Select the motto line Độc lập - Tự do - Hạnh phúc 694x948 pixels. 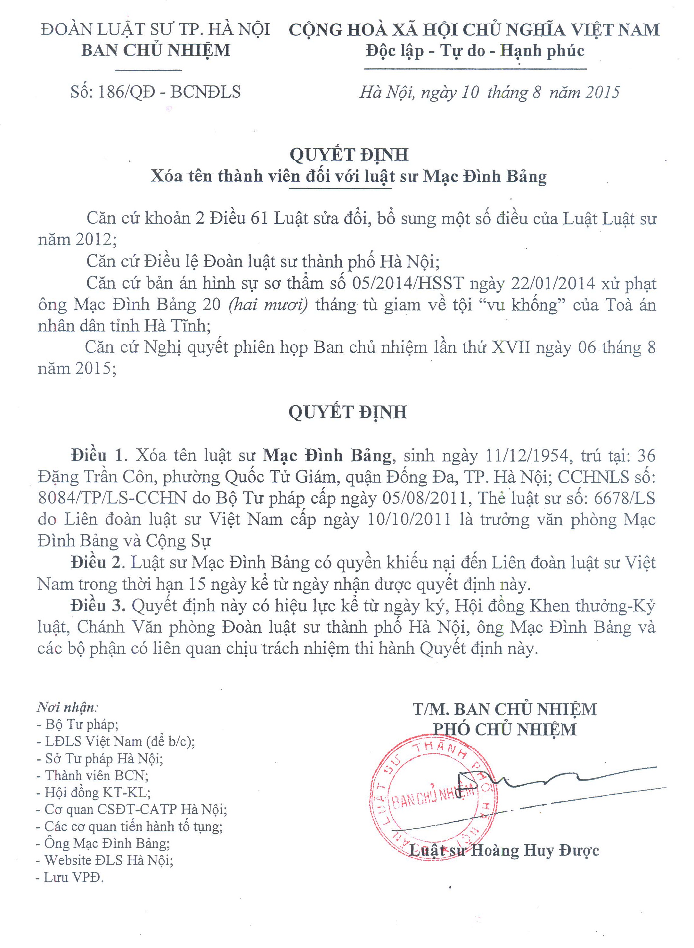point(475,51)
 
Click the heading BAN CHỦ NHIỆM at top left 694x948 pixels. point(156,50)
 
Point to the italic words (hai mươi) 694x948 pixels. point(268,305)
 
